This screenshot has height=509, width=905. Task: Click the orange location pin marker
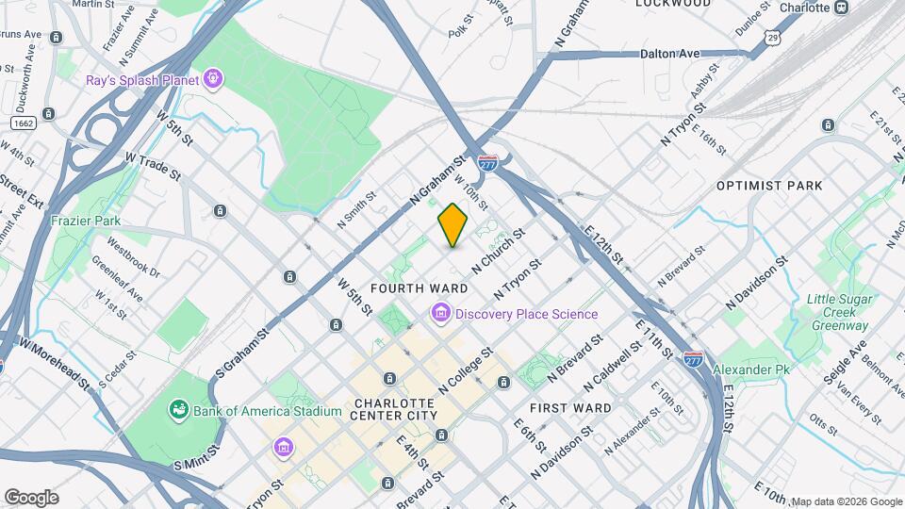[452, 225]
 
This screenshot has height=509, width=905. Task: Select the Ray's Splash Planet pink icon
[214, 79]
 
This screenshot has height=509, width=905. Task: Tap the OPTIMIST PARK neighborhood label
[769, 187]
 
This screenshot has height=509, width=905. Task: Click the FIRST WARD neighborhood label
[569, 408]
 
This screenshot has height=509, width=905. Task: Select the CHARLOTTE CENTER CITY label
[395, 409]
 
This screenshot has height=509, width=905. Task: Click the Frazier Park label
[86, 221]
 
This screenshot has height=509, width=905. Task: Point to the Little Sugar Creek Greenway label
[838, 312]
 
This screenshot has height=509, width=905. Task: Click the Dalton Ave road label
[670, 54]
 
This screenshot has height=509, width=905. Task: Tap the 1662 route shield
[24, 123]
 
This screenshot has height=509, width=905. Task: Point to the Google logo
[31, 497]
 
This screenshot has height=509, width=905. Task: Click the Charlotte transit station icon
[842, 8]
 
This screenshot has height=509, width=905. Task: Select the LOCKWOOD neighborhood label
[672, 4]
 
